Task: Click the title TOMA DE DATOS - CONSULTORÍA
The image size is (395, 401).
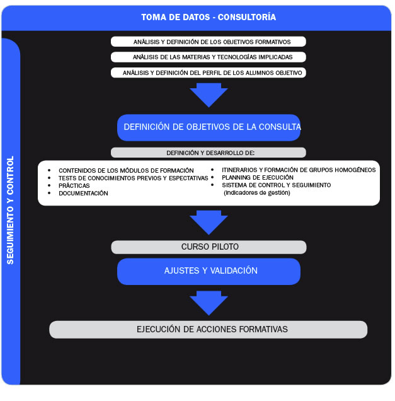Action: pyautogui.click(x=208, y=17)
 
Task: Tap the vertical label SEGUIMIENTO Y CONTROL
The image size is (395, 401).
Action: pyautogui.click(x=10, y=210)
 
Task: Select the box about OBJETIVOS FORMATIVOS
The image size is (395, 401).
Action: pyautogui.click(x=209, y=42)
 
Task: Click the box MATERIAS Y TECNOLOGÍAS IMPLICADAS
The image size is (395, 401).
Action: pyautogui.click(x=209, y=57)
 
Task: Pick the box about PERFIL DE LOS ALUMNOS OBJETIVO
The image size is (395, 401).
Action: pyautogui.click(x=209, y=73)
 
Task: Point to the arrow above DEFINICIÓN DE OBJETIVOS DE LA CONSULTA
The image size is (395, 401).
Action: pyautogui.click(x=209, y=95)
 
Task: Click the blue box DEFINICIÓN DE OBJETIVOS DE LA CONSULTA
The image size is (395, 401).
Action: pyautogui.click(x=209, y=127)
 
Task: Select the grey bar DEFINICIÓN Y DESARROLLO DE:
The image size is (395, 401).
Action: pyautogui.click(x=209, y=153)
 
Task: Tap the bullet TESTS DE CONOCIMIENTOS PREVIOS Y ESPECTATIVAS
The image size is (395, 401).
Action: pyautogui.click(x=133, y=178)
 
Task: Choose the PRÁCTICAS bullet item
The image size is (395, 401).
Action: pyautogui.click(x=74, y=186)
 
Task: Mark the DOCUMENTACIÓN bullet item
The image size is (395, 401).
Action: pyautogui.click(x=83, y=194)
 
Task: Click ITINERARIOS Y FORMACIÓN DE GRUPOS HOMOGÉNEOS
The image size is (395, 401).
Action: pyautogui.click(x=299, y=170)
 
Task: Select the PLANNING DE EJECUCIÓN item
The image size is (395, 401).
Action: pyautogui.click(x=258, y=178)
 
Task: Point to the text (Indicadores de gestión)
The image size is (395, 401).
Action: pyautogui.click(x=257, y=193)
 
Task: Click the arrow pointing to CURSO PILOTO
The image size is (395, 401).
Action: pyautogui.click(x=209, y=223)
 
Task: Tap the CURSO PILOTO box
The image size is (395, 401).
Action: pyautogui.click(x=209, y=247)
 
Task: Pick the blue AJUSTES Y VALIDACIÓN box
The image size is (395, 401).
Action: pyautogui.click(x=209, y=271)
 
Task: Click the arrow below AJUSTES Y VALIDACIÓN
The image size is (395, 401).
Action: pyautogui.click(x=209, y=303)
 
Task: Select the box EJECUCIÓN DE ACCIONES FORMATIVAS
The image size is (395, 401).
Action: pyautogui.click(x=209, y=330)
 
